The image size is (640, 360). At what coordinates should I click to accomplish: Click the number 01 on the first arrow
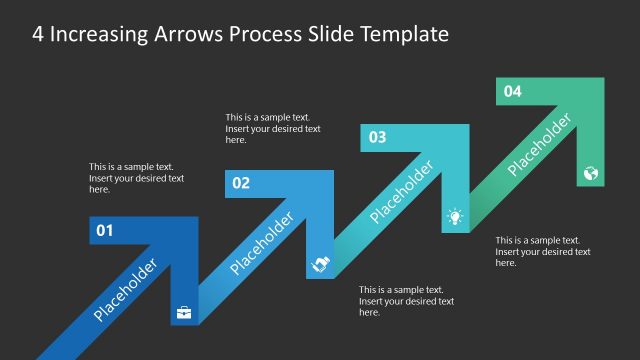click(105, 232)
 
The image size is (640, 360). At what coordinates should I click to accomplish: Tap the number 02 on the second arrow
click(241, 183)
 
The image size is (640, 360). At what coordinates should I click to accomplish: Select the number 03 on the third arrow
click(378, 137)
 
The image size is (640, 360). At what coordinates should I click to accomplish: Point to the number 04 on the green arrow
click(512, 91)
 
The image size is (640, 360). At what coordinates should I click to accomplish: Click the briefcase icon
click(184, 312)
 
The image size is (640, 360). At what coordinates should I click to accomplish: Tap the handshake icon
click(319, 264)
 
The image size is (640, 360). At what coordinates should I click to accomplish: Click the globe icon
click(590, 172)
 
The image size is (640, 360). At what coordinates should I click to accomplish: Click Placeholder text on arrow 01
click(126, 290)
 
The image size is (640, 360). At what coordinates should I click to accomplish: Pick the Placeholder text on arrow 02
click(262, 243)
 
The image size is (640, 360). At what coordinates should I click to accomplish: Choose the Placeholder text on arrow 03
click(401, 192)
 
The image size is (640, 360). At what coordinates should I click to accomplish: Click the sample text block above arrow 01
click(136, 178)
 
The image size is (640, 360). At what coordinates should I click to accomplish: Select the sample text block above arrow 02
click(273, 128)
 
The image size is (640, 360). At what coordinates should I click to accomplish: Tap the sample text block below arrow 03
click(406, 301)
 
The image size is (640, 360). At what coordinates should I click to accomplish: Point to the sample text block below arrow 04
click(543, 252)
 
